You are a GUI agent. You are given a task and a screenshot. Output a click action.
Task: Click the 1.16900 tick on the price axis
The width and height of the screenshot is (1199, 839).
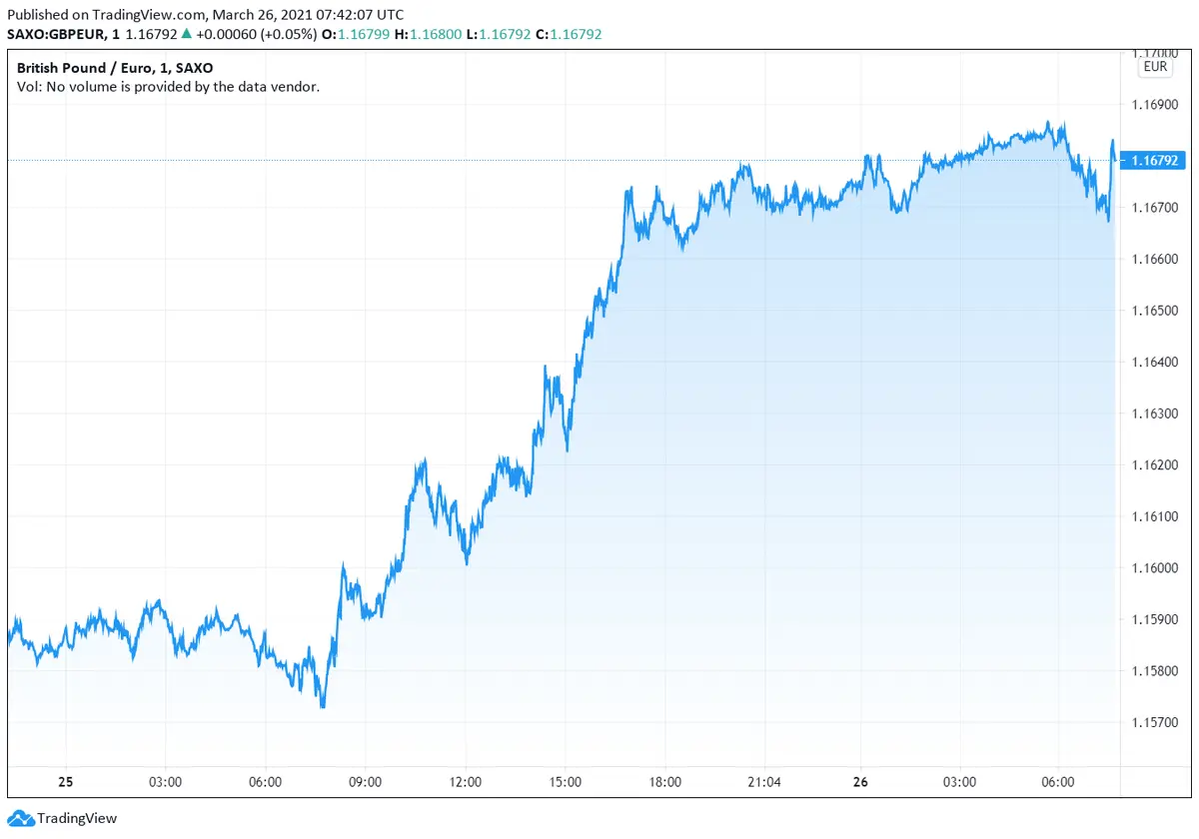pos(1152,104)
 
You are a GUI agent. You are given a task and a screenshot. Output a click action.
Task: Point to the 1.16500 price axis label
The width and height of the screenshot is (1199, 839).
pos(1152,311)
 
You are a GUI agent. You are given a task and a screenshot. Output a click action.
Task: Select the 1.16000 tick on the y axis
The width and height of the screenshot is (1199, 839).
pos(1152,568)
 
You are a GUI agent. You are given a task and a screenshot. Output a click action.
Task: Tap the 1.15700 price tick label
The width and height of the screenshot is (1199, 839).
pos(1152,722)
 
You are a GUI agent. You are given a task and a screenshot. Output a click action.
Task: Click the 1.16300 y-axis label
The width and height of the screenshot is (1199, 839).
pos(1152,414)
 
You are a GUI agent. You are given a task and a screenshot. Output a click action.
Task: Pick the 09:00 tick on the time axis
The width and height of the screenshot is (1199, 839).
pos(365,782)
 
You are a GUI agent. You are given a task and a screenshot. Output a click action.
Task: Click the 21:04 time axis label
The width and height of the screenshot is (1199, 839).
pos(764,782)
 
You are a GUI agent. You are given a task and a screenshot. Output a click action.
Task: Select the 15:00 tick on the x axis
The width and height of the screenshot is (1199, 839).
pos(565,782)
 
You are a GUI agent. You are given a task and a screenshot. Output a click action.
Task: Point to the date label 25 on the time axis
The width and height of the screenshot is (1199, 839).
pos(66,782)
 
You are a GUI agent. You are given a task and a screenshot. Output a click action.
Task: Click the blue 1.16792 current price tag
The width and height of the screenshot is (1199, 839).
pos(1152,161)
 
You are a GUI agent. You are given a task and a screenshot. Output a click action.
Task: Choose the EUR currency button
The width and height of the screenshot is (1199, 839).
pos(1154,68)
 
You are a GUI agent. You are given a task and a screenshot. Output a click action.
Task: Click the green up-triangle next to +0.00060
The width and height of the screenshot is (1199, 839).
pos(187,34)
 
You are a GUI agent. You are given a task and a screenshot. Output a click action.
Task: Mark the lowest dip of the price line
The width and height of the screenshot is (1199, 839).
pos(322,707)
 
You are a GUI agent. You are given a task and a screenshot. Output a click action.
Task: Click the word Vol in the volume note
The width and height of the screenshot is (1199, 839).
pos(28,87)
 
